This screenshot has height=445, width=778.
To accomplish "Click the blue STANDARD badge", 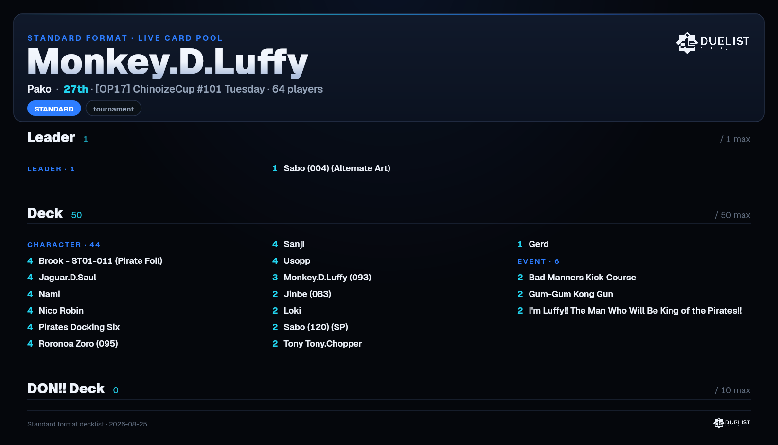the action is click(x=54, y=109).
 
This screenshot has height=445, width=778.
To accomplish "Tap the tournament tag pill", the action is click(x=113, y=109).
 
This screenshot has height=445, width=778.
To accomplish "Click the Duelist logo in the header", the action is click(x=712, y=43).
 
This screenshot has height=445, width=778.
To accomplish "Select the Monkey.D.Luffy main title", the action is click(x=168, y=61).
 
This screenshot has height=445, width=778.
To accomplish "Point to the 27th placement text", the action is click(x=76, y=89).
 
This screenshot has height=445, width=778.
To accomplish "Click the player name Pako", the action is click(x=39, y=89).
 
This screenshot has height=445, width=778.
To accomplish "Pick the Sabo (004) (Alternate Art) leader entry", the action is click(x=337, y=168).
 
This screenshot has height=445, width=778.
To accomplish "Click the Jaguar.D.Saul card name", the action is click(x=68, y=278).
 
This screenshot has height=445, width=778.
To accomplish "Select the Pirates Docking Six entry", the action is click(x=79, y=327).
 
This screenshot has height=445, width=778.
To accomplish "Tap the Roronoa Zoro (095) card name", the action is click(x=78, y=344).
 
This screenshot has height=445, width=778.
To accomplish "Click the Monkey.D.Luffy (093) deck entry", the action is click(x=328, y=278).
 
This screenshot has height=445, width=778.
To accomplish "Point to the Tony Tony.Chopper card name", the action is click(x=323, y=344).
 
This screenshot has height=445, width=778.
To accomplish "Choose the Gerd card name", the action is click(x=539, y=244).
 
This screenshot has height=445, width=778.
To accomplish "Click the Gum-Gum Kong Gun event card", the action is click(x=571, y=294).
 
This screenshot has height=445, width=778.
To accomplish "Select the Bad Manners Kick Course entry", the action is click(x=582, y=278).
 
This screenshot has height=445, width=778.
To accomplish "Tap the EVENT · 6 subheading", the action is click(x=538, y=261).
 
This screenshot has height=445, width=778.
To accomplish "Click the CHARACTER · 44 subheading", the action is click(x=64, y=245).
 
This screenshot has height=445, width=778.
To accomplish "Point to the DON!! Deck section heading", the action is click(x=66, y=389).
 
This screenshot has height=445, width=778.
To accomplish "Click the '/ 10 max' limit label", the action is click(x=732, y=390).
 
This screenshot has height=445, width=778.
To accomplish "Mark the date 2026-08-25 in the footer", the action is click(x=128, y=424).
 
